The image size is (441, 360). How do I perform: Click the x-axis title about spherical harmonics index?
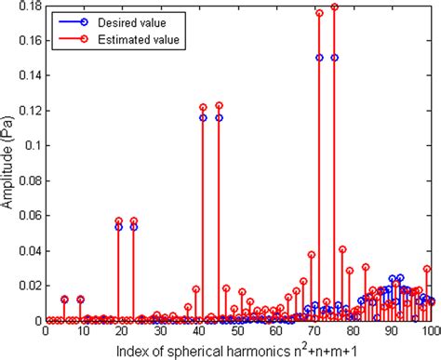coord(238,349)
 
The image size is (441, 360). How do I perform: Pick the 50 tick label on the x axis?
coord(238,331)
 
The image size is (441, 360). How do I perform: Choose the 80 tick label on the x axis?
coord(354,331)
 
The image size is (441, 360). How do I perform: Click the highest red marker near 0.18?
coord(335,7)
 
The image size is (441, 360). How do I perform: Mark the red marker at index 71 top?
coord(319,13)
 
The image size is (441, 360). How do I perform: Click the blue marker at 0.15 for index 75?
coord(335,58)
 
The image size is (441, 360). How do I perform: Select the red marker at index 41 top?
coord(203,107)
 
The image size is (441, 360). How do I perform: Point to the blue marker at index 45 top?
coord(219,118)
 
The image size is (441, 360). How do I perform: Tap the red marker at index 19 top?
coord(118,220)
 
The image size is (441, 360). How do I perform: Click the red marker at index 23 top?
coord(134,220)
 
